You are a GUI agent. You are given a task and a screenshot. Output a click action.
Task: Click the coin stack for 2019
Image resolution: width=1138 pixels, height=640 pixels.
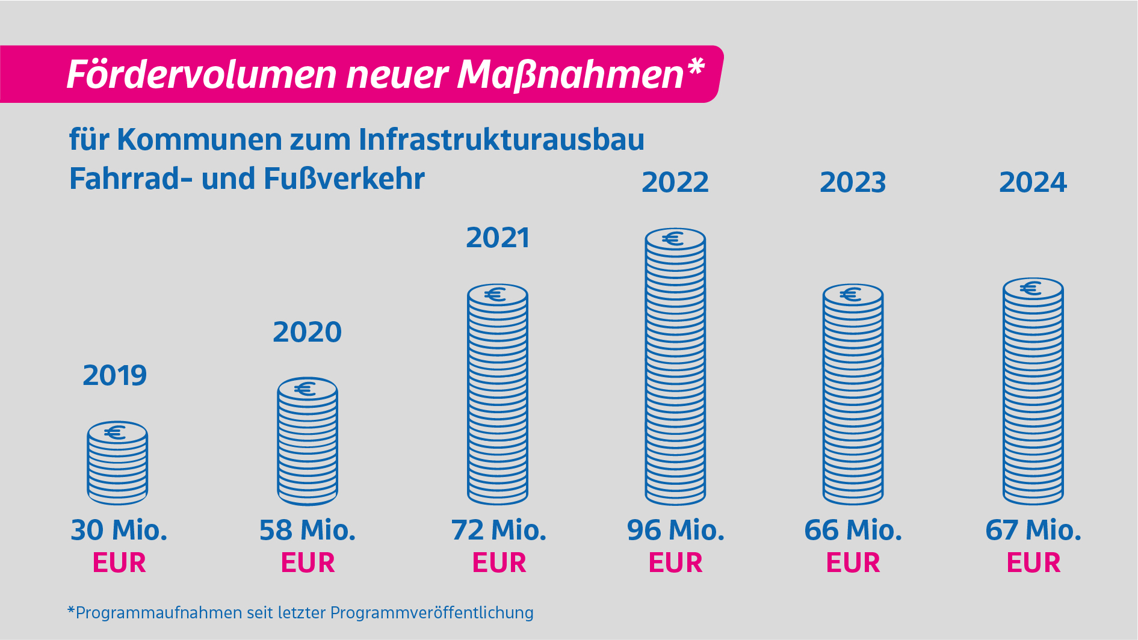click(117, 463)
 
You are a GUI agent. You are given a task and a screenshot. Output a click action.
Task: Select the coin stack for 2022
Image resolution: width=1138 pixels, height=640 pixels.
click(675, 367)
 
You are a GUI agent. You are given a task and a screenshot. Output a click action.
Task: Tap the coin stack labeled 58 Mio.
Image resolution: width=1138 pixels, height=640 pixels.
click(308, 442)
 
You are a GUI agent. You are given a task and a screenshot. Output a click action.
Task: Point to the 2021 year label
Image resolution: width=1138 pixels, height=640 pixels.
click(498, 238)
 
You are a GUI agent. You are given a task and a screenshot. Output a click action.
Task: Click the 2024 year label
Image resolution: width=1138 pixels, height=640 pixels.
click(1033, 183)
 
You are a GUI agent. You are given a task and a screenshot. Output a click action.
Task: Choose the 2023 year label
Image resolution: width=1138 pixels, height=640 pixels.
click(853, 183)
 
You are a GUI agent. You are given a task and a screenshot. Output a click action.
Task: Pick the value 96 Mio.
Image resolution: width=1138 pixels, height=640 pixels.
click(675, 531)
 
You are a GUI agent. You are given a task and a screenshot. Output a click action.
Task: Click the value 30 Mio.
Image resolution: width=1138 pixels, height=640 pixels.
click(119, 531)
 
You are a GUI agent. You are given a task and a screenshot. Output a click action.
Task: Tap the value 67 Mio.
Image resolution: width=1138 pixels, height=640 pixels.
click(1033, 531)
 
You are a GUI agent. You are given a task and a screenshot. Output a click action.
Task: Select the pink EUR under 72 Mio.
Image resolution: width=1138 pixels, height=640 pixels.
click(499, 563)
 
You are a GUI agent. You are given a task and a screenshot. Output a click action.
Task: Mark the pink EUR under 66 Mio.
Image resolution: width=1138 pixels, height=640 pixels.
click(853, 563)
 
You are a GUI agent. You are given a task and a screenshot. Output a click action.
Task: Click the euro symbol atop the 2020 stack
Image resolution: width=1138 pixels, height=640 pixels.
click(306, 389)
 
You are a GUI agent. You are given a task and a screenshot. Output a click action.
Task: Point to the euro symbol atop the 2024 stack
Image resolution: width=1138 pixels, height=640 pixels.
click(1031, 289)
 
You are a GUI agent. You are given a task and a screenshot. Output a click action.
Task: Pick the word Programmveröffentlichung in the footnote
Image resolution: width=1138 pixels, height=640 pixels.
click(431, 613)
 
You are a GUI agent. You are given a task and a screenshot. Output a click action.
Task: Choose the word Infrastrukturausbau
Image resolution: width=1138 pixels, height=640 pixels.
click(501, 140)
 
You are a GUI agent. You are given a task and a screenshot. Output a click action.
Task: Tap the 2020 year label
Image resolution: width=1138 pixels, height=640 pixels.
click(307, 332)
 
